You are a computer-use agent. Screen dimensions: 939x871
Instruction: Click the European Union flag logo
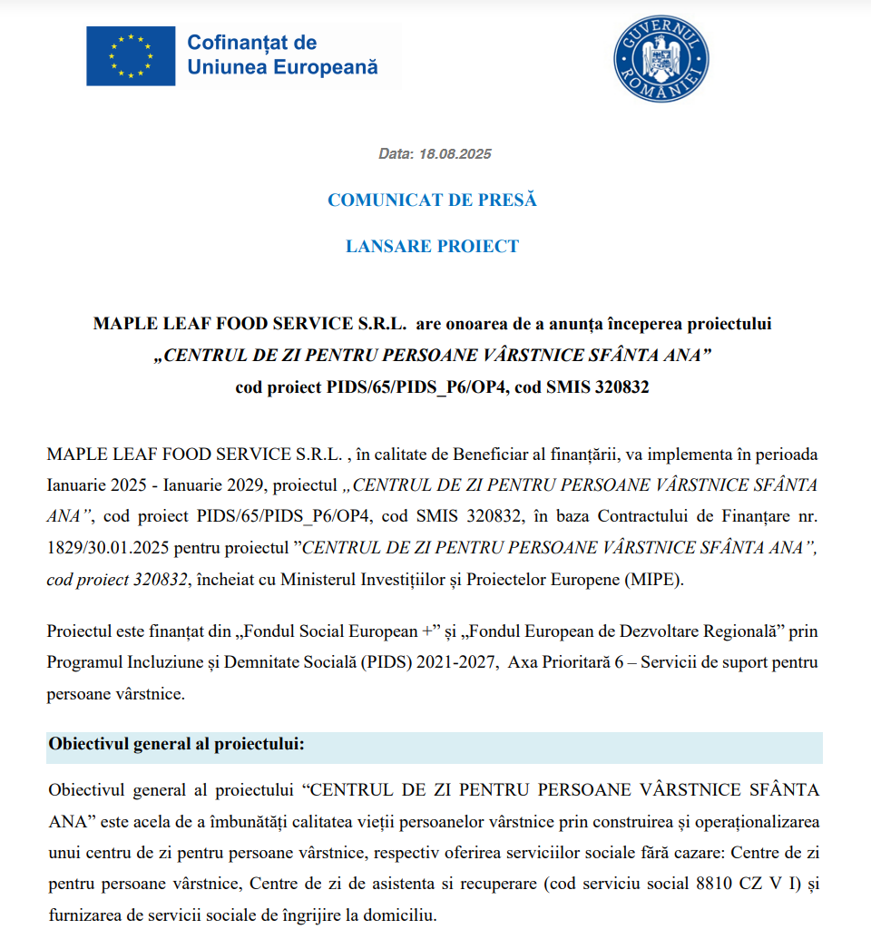pos(131,55)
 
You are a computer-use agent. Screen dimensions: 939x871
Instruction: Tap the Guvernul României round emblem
pos(661,59)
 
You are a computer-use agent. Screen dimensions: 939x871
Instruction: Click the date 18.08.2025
pos(455,154)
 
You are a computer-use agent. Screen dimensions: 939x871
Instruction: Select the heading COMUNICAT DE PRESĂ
pos(432,200)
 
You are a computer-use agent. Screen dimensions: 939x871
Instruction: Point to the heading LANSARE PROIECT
pos(432,246)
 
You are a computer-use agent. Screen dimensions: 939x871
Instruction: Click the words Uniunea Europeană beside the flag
pos(281,67)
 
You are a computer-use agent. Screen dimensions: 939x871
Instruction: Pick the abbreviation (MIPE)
pos(649,580)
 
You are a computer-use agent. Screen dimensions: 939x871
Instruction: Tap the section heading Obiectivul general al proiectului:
pos(176,745)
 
